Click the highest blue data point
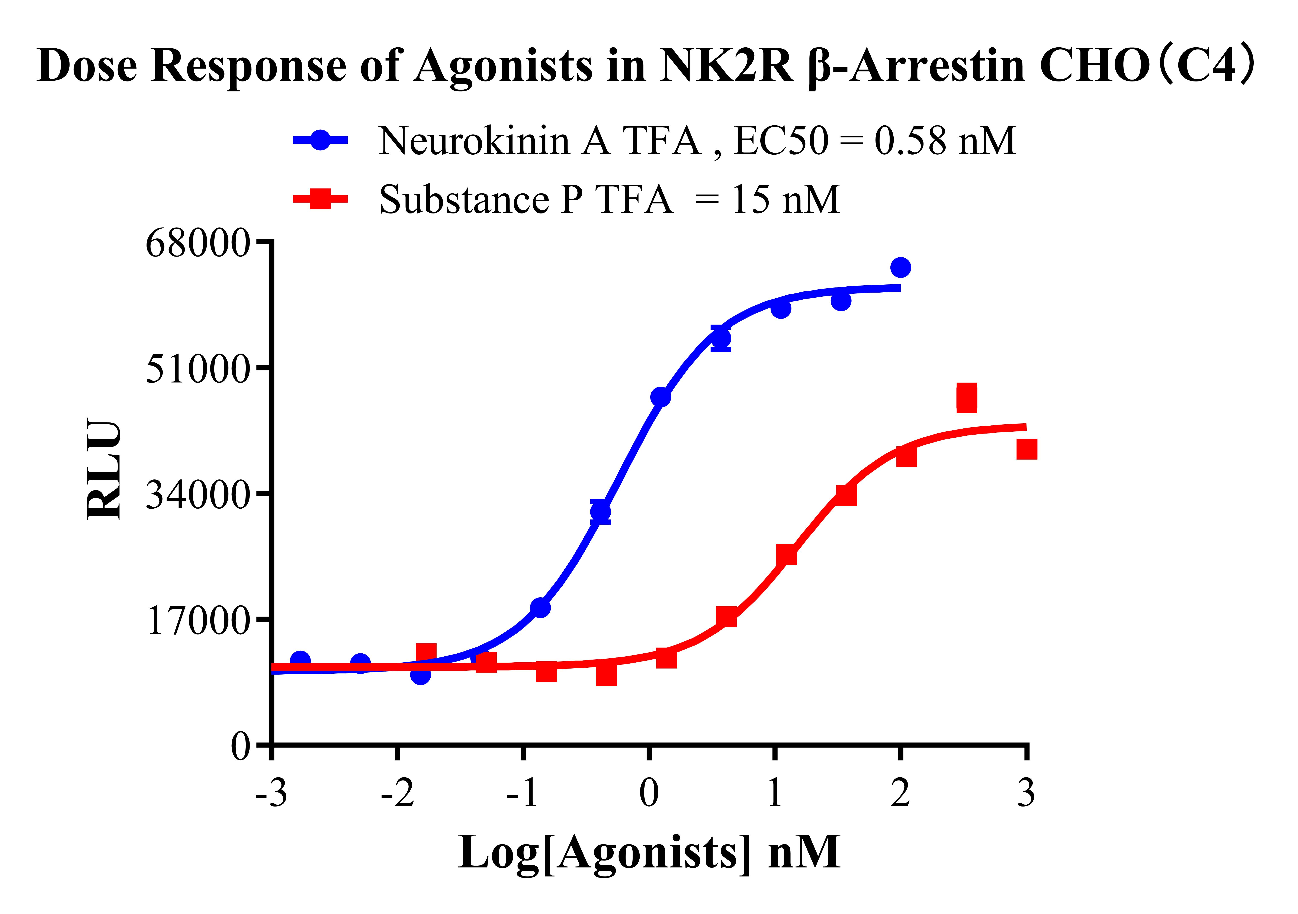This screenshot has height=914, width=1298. click(901, 267)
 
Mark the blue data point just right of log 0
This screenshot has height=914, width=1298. click(660, 397)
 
